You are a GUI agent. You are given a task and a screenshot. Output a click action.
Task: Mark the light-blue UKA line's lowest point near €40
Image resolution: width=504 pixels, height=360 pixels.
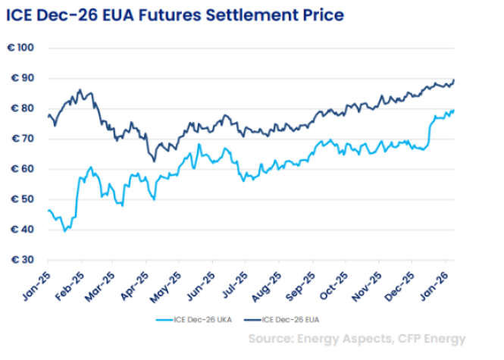tap(64, 230)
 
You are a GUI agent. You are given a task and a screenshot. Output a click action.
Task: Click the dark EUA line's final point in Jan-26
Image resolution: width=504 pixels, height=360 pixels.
tap(454, 80)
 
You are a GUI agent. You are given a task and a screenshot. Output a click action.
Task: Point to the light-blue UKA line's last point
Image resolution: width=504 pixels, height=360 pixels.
tap(454, 110)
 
